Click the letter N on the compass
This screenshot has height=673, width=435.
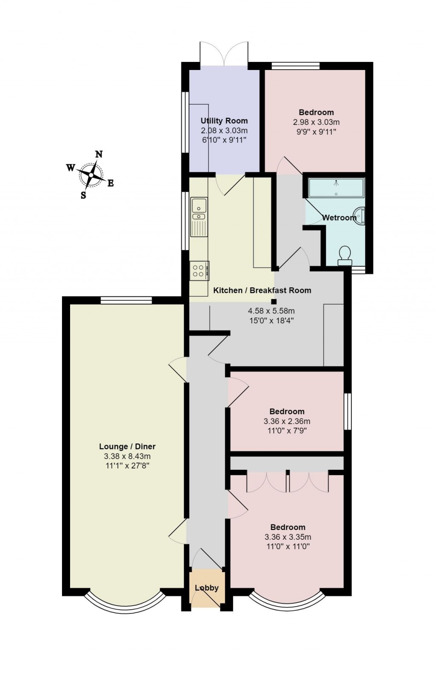coord(99,154)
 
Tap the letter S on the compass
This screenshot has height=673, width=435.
coord(83,195)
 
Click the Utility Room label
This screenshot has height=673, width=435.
coord(224,121)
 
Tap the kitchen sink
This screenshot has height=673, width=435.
coord(198,210)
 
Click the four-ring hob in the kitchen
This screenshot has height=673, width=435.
coord(199,270)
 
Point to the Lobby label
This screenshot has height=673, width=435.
coord(206,588)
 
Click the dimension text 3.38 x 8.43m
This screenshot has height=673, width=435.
coord(127,457)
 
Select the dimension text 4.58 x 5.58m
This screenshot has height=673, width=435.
coord(271,311)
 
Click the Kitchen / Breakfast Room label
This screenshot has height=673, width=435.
coord(262,291)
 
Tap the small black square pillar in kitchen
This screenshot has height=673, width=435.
coord(274,302)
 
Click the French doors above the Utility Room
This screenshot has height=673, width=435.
coord(224,54)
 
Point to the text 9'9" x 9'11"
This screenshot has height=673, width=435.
coord(316,132)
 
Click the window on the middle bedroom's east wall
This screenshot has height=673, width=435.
coord(347,411)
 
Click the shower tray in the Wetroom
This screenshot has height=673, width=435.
coord(336,188)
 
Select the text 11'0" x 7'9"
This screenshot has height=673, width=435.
coord(287,431)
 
